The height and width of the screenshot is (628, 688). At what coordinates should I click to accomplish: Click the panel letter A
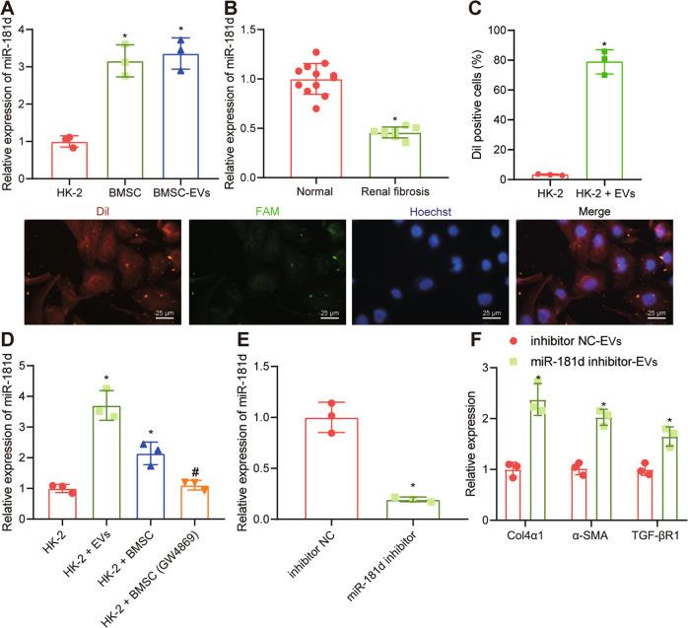8,10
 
